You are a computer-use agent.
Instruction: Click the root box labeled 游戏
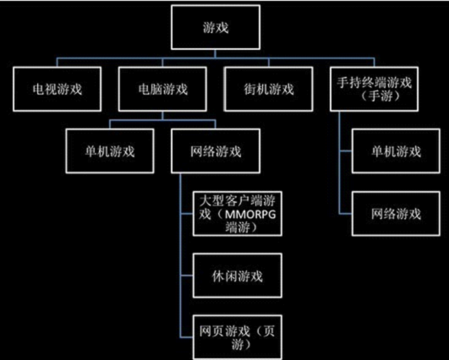pyautogui.click(x=216, y=28)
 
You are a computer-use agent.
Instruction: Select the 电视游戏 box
pyautogui.click(x=57, y=89)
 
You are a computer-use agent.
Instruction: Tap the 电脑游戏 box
pyautogui.click(x=162, y=89)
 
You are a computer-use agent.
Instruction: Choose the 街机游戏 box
pyautogui.click(x=268, y=89)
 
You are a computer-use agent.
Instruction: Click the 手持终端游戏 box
pyautogui.click(x=374, y=89)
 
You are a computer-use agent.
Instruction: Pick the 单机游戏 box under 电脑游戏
pyautogui.click(x=110, y=151)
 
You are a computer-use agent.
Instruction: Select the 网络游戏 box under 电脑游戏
pyautogui.click(x=216, y=151)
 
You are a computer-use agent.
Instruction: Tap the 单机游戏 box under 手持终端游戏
pyautogui.click(x=396, y=151)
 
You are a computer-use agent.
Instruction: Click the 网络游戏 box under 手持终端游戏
pyautogui.click(x=396, y=214)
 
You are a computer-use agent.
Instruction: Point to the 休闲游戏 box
pyautogui.click(x=238, y=275)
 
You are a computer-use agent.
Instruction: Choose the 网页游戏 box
pyautogui.click(x=238, y=337)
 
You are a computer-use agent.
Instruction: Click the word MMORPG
pyautogui.click(x=250, y=215)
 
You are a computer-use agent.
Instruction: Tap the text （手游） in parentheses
pyautogui.click(x=380, y=96)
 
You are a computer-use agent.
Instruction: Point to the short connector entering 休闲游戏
pyautogui.click(x=187, y=275)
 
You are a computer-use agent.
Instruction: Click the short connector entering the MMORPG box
pyautogui.click(x=187, y=214)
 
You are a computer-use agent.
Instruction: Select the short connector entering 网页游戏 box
pyautogui.click(x=187, y=337)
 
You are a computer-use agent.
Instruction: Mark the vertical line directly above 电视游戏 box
pyautogui.click(x=57, y=63)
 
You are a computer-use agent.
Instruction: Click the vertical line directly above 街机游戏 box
pyautogui.click(x=268, y=63)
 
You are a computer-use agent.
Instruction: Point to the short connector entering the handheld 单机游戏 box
pyautogui.click(x=345, y=151)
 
